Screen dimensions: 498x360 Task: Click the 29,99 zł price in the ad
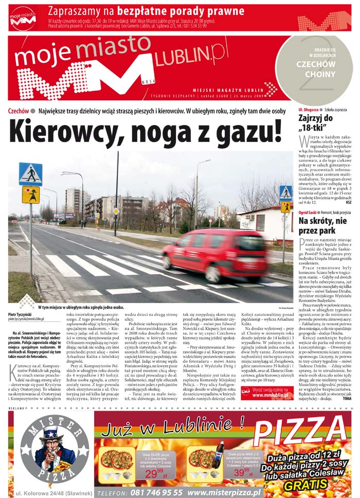pos(154,473)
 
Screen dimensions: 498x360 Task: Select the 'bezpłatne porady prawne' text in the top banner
pos(181,11)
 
